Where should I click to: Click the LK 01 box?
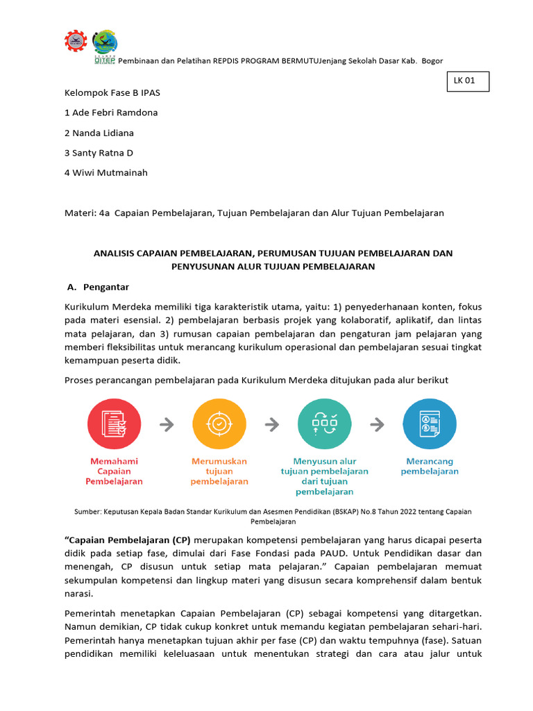(468, 82)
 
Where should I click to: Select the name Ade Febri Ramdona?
(111, 112)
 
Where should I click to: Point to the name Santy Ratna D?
(99, 153)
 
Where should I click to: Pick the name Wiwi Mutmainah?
(106, 173)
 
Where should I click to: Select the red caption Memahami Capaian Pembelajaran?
(114, 471)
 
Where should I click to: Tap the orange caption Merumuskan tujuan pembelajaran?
(219, 471)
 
